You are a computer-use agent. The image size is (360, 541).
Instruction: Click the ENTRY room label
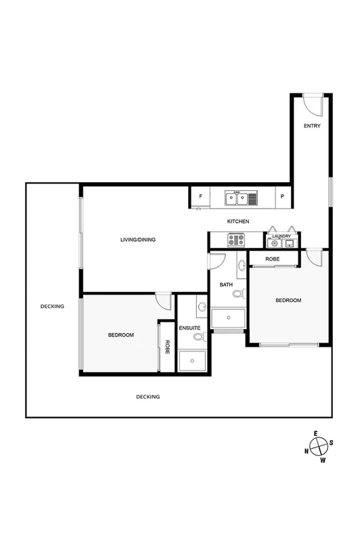click(x=312, y=126)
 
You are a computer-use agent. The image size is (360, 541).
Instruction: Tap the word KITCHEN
click(x=238, y=221)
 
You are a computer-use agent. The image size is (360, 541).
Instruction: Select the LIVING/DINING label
click(x=138, y=240)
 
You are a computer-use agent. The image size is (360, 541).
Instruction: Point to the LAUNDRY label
click(x=282, y=236)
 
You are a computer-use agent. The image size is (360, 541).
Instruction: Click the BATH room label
click(x=226, y=284)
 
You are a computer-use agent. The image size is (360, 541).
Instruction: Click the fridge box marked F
click(x=200, y=197)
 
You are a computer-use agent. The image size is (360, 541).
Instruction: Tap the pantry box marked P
click(x=283, y=197)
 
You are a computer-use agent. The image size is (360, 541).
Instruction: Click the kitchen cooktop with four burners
click(x=236, y=240)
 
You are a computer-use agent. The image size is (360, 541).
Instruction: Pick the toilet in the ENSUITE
click(x=198, y=336)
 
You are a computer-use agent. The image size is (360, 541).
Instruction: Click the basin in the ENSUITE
click(x=202, y=307)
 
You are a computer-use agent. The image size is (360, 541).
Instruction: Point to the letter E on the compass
click(x=315, y=433)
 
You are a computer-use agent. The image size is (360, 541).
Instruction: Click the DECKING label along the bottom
click(x=148, y=397)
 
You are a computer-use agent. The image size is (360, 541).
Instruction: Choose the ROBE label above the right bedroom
click(x=273, y=259)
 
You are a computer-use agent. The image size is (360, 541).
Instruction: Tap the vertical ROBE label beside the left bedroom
click(x=166, y=346)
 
